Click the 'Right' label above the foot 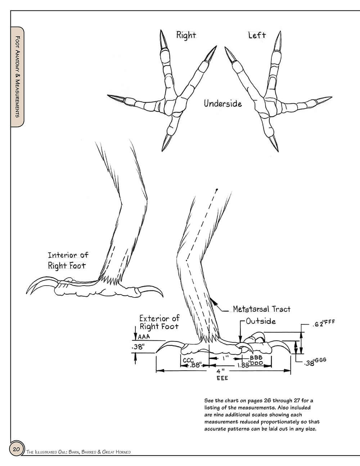click(x=186, y=35)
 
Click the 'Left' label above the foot click(x=257, y=35)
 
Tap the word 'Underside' click(x=223, y=104)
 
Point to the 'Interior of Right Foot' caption click(x=68, y=260)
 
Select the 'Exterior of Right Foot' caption click(x=159, y=322)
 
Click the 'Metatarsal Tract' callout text click(x=261, y=309)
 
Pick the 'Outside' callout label click(x=261, y=321)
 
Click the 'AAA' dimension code click(x=144, y=337)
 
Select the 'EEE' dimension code click(x=222, y=378)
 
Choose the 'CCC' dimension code click(x=188, y=360)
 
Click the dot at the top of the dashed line click(x=217, y=189)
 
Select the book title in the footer click(x=78, y=452)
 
